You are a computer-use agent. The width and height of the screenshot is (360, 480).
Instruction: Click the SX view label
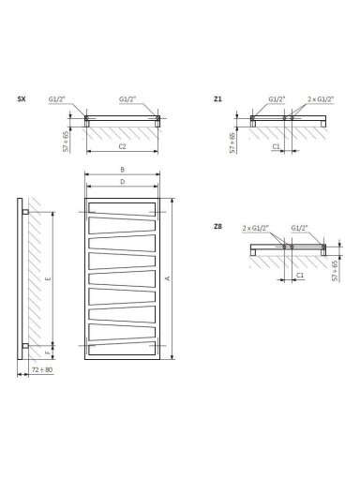click(x=22, y=99)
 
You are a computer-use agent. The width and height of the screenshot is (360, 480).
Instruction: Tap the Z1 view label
click(x=217, y=99)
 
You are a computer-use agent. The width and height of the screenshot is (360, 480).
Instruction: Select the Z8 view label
click(x=217, y=227)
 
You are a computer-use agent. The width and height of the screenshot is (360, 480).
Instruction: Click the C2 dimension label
click(x=122, y=146)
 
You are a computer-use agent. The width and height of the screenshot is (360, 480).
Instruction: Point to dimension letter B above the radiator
click(x=123, y=170)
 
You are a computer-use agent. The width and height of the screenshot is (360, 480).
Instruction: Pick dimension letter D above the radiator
click(x=123, y=182)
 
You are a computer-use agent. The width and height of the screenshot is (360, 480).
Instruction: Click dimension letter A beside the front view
click(x=168, y=278)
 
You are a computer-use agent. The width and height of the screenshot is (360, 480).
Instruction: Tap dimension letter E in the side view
click(x=48, y=278)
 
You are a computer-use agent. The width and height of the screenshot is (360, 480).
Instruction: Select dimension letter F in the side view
click(x=48, y=352)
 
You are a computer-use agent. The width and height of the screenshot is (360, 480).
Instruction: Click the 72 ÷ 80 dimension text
click(x=42, y=369)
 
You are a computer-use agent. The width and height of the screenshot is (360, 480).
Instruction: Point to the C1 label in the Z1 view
click(x=277, y=146)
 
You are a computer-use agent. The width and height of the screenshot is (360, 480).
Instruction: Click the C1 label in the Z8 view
click(x=300, y=275)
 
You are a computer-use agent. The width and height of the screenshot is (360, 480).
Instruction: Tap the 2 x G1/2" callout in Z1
click(x=321, y=99)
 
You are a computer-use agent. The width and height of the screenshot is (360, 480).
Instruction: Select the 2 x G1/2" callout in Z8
click(x=256, y=228)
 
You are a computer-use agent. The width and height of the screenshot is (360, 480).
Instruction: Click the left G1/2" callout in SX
click(x=57, y=99)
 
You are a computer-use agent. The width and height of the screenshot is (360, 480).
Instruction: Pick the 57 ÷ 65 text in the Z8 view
click(x=336, y=271)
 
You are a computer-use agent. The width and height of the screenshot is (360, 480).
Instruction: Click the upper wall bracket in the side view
click(x=25, y=212)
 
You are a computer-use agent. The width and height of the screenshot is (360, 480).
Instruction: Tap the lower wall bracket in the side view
click(x=25, y=346)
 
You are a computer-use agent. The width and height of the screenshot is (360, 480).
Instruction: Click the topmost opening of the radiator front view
click(x=122, y=209)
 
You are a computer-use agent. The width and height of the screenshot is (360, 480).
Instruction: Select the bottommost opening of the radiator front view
click(x=122, y=349)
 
